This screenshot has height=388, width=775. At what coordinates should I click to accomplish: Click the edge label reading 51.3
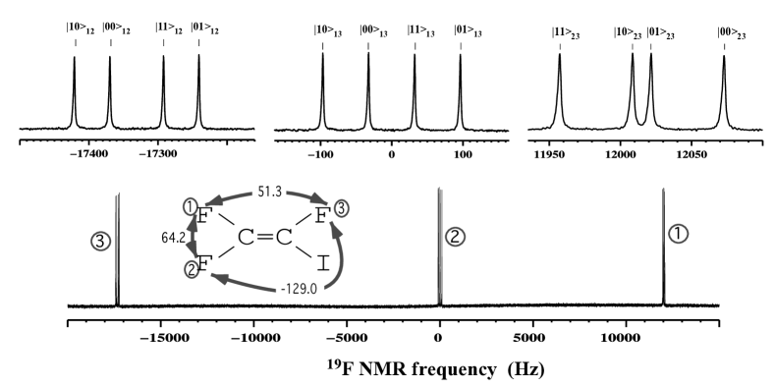(x=269, y=192)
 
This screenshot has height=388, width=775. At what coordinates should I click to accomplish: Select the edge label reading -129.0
(x=299, y=289)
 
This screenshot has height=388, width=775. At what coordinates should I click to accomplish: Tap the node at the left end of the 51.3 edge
(x=192, y=206)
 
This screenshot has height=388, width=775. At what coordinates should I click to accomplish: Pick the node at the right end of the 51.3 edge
(x=341, y=208)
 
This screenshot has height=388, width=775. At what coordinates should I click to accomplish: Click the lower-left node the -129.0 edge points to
(x=192, y=269)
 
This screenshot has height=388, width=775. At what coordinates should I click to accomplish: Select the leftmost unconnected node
(x=100, y=241)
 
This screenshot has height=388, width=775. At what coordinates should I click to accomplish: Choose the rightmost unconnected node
(x=678, y=234)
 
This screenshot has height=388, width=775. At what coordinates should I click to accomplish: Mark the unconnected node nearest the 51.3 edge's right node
(x=455, y=237)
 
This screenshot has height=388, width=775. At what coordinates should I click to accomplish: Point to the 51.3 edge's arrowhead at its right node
(x=320, y=200)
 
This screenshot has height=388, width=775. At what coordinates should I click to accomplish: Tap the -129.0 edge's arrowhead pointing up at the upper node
(x=336, y=230)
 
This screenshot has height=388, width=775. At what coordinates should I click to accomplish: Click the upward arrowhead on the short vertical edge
(x=193, y=225)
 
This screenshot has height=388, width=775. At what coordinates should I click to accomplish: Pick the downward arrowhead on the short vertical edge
(x=193, y=251)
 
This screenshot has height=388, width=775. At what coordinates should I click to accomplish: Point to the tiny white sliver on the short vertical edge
(x=195, y=237)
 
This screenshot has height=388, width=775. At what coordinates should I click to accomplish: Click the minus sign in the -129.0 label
(x=283, y=290)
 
